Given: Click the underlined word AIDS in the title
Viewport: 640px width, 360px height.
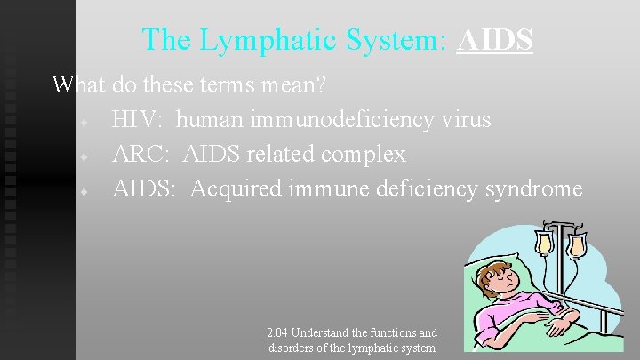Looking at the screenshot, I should tap(494, 40).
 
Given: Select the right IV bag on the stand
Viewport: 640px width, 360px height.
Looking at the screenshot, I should tap(577, 243).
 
